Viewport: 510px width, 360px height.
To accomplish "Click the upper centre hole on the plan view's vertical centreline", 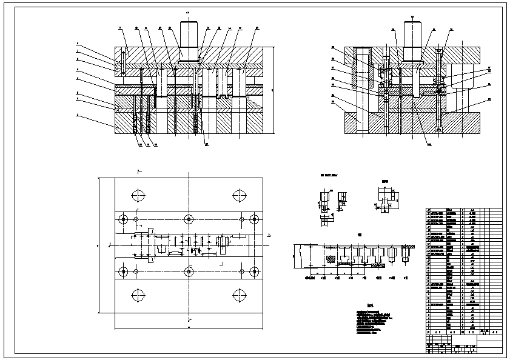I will pyautogui.click(x=189, y=219).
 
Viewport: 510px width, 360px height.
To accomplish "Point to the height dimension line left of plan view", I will pyautogui.click(x=101, y=245).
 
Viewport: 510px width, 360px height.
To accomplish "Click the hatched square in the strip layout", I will pyautogui.click(x=330, y=259).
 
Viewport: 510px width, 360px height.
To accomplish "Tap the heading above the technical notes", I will pyautogui.click(x=370, y=305).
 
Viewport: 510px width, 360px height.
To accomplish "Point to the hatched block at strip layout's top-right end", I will pyautogui.click(x=404, y=251).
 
